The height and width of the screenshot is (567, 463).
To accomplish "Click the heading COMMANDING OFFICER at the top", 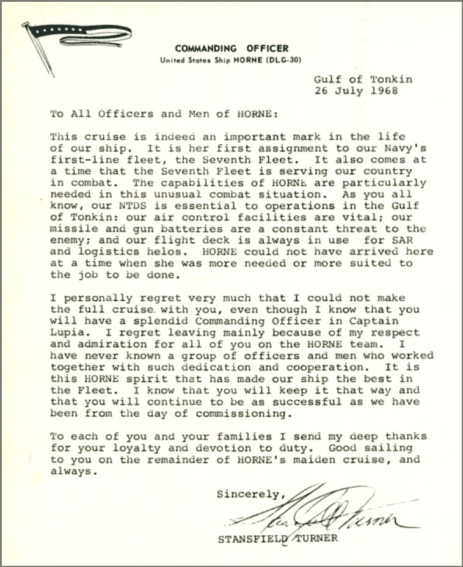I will [231, 48].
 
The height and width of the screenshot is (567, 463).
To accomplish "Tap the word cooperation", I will [332, 367].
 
